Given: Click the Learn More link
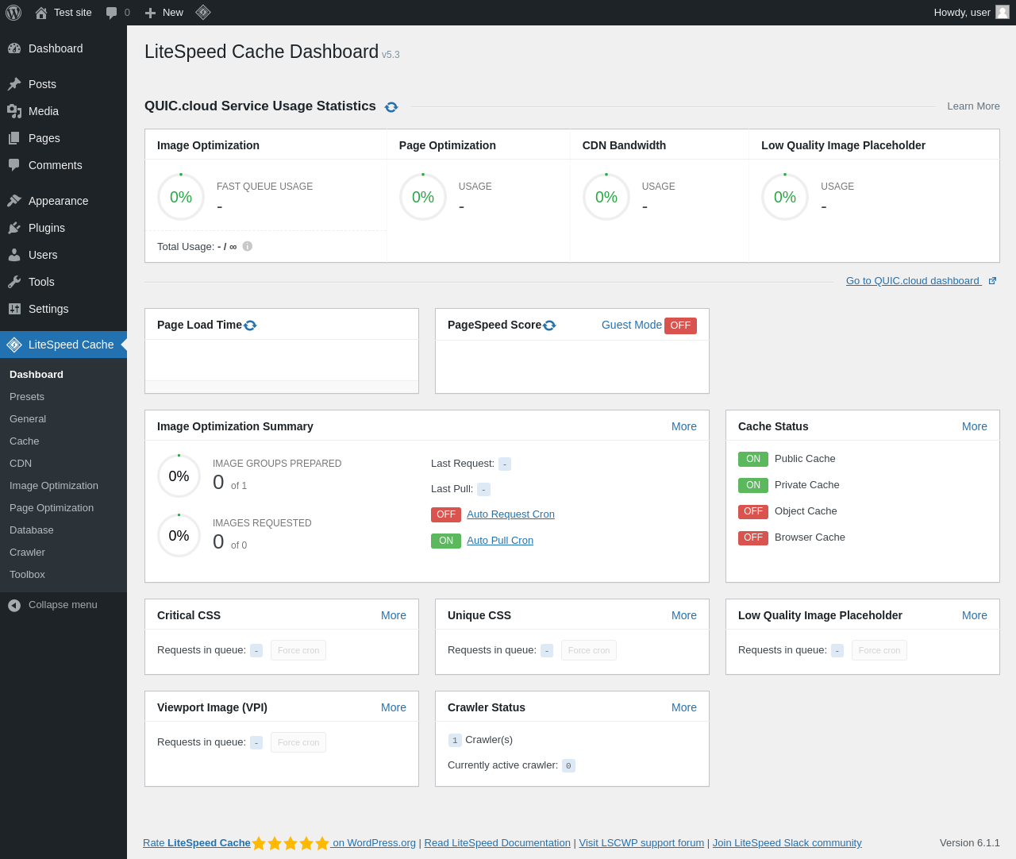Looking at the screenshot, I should [x=973, y=106].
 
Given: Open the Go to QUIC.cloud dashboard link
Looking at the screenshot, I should [x=913, y=281].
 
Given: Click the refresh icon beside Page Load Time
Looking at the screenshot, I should [x=250, y=325].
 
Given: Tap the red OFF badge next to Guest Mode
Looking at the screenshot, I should [x=680, y=325].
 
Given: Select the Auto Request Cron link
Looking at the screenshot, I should [x=510, y=514].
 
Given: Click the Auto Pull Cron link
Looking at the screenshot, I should [x=500, y=541].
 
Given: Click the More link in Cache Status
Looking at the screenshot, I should [x=974, y=426].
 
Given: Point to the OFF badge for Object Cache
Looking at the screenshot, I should [x=752, y=511].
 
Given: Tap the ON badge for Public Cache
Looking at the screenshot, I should [x=752, y=459].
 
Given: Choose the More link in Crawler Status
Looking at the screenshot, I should [x=683, y=707].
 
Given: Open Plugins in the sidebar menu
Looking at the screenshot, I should [x=47, y=228].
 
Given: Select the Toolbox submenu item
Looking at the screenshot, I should [x=27, y=575].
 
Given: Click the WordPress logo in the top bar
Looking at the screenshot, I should [x=13, y=13].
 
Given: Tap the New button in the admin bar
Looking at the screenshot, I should [x=164, y=13].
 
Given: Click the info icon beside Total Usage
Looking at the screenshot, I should [x=248, y=246].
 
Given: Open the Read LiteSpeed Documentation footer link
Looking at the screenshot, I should [x=497, y=843].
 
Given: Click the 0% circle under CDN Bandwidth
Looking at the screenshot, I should [x=606, y=197].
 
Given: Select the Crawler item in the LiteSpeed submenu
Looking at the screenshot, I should [x=27, y=553].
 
